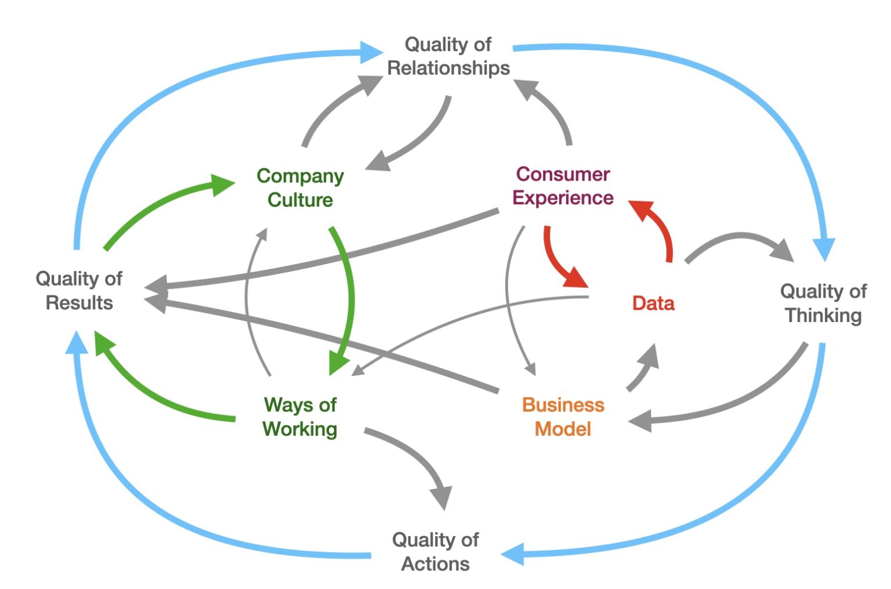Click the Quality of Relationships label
(448, 56)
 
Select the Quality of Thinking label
(823, 303)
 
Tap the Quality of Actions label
(435, 551)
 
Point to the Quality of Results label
(79, 290)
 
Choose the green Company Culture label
(300, 187)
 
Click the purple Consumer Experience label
(562, 186)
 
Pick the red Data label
(653, 303)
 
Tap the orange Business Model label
(563, 417)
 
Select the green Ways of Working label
(300, 417)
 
